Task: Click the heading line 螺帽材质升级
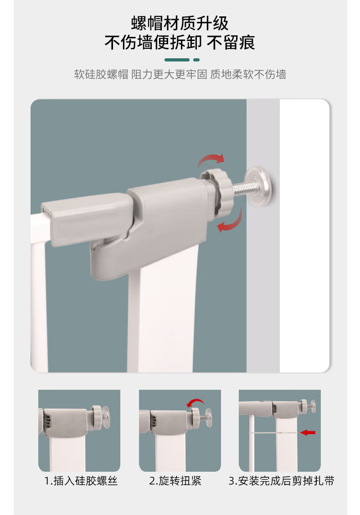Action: click(180, 23)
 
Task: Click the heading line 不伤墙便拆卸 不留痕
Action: click(180, 42)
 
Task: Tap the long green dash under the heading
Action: click(177, 60)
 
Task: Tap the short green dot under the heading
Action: click(196, 60)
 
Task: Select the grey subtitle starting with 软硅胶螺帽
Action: click(180, 74)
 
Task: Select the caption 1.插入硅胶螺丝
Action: click(81, 481)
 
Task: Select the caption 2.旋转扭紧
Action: click(175, 481)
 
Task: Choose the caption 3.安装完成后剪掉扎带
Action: click(282, 481)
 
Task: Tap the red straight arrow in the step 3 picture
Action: click(308, 433)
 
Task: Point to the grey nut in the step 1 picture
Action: click(97, 417)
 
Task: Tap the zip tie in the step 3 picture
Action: click(273, 433)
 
